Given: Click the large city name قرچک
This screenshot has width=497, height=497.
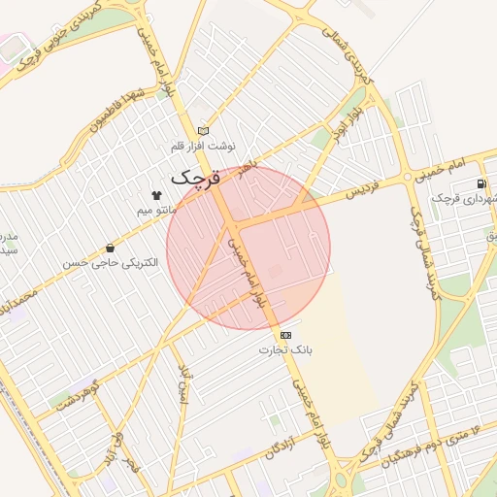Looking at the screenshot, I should [197, 178].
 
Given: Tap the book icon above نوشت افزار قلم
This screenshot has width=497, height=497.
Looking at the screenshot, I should [203, 131].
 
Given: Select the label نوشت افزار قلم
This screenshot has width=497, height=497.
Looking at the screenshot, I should [203, 146].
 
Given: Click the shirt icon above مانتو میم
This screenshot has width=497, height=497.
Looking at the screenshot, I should [155, 195].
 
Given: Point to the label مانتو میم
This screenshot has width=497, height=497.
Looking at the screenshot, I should [155, 210].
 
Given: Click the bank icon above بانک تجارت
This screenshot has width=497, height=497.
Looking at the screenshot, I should [284, 334].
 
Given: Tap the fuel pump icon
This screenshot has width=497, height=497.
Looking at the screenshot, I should [480, 184].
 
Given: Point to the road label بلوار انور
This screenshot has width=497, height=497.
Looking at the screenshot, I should [349, 124].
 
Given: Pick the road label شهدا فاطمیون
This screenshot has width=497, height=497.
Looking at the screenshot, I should [121, 111].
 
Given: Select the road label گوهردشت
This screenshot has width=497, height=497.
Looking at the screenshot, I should [79, 392].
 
